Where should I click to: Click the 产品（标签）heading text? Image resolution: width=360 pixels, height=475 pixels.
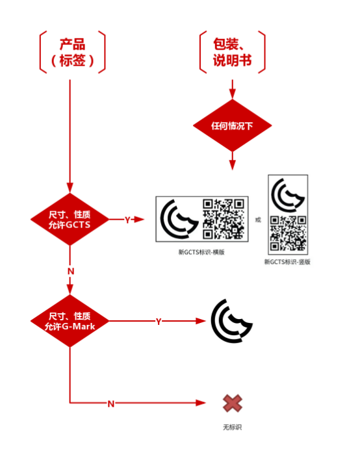72,52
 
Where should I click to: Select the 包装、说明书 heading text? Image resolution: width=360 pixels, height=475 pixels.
232,52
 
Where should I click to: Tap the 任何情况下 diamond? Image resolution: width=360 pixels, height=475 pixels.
233,125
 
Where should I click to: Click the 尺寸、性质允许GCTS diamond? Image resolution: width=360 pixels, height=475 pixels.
70,219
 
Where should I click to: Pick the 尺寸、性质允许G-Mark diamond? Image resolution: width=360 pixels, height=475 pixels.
70,321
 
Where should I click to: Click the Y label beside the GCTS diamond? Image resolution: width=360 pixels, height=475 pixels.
127,220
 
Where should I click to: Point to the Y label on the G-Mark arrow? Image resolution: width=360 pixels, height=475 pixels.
159,322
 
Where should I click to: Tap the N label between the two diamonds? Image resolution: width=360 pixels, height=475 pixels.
71,271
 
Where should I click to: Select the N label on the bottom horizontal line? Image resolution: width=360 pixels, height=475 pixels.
111,404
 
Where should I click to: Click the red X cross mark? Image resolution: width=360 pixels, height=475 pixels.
233,404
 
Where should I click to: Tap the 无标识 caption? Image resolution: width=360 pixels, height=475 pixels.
233,427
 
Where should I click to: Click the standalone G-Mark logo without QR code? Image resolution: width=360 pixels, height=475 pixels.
232,321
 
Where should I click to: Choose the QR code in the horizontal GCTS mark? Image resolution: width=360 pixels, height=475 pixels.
224,219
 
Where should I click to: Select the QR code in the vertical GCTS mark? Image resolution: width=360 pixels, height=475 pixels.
288,233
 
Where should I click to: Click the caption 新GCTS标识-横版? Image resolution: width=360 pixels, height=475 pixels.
201,252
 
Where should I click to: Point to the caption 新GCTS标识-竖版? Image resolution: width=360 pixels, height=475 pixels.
287,262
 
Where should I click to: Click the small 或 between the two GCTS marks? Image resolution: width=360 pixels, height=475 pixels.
258,220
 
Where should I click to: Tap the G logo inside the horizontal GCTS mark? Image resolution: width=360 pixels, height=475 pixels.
179,219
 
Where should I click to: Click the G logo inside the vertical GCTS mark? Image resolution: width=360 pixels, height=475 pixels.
288,195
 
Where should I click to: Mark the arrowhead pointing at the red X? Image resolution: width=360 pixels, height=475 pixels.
201,403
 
